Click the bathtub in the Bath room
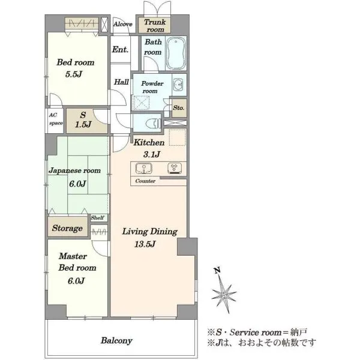click(176, 53)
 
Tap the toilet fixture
click(153, 123)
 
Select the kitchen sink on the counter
click(144, 168)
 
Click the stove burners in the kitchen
click(175, 168)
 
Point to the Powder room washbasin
click(178, 85)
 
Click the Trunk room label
click(155, 26)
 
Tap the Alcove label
click(123, 24)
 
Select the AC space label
click(56, 119)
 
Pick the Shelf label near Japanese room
click(97, 217)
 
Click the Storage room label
click(67, 228)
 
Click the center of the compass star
click(223, 293)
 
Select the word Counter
click(145, 181)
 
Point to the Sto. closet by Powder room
click(179, 107)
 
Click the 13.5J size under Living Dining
click(145, 244)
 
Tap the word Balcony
click(116, 340)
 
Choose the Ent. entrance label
click(120, 49)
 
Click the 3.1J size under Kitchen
click(152, 154)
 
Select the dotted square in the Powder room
click(142, 103)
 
